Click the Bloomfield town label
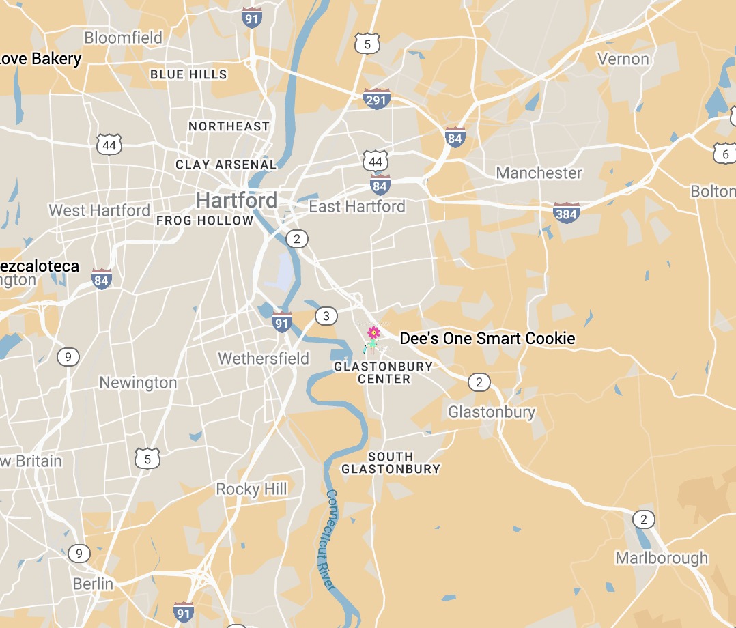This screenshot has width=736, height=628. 124,38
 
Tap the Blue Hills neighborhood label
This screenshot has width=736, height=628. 188,74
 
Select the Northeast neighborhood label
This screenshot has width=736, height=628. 229,126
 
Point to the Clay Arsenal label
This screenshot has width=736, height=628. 226,165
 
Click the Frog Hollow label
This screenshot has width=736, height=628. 205,220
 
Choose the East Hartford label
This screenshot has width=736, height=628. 357,206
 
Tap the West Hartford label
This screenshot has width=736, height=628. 100,210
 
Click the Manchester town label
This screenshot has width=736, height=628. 539,173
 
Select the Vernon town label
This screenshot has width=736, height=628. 623,59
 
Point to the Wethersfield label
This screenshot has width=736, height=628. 264,358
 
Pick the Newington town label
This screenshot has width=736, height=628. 138,382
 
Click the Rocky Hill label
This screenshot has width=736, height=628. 252,489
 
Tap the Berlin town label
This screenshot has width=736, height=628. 93,584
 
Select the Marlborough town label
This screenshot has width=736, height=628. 662,558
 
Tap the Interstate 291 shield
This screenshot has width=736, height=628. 376,98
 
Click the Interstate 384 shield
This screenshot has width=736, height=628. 566,212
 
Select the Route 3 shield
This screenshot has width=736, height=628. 326,315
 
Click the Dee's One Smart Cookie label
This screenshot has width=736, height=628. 487,339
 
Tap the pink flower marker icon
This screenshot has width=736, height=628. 373,332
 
